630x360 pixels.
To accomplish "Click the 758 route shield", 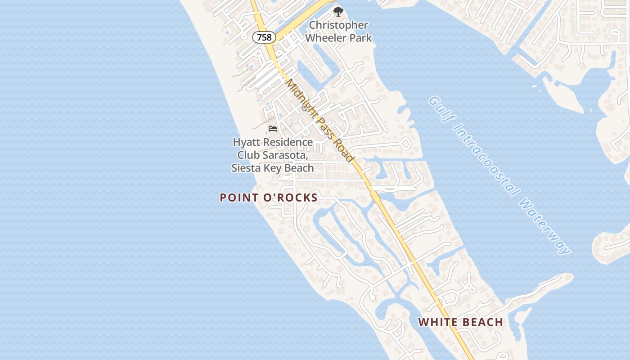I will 264,37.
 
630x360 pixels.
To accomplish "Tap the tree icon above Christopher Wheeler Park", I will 338,11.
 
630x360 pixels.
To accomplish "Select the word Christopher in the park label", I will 338,25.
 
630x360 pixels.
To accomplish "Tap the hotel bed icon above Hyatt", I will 273,129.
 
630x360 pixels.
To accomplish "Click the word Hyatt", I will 247,142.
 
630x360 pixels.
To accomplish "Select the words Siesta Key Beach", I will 272,168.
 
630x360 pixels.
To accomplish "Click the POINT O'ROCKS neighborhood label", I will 269,198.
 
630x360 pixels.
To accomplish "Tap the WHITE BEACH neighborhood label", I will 460,322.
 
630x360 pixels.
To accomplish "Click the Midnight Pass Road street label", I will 320,121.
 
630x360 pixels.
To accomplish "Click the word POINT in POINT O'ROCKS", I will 239,198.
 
